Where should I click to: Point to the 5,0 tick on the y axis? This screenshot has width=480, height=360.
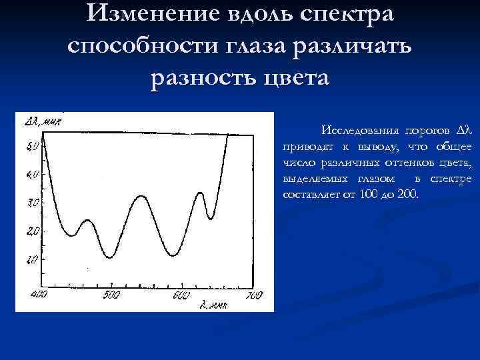click(x=33, y=146)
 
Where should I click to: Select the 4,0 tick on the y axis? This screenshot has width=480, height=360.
click(x=33, y=175)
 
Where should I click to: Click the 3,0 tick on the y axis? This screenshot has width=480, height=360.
click(x=33, y=203)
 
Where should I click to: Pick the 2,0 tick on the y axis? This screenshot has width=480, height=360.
click(x=33, y=231)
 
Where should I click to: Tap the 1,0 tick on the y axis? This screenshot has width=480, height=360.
click(x=33, y=259)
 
